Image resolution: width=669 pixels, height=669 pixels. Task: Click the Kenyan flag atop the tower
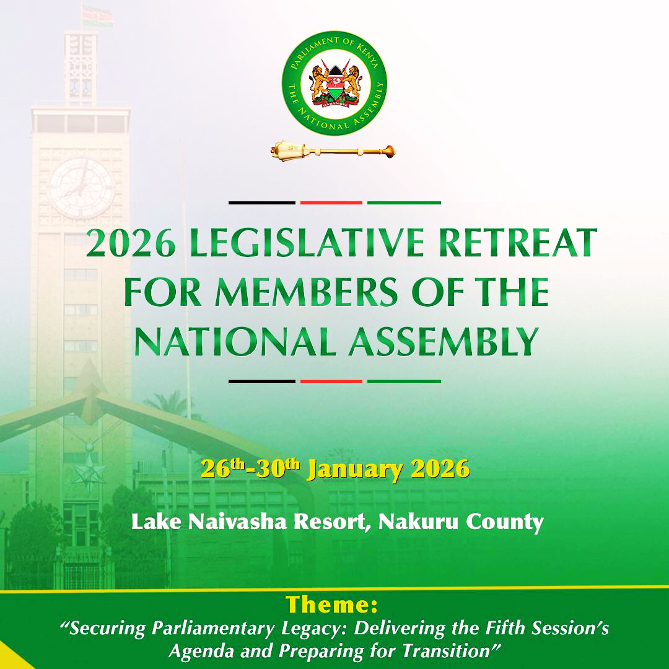pos(98,16)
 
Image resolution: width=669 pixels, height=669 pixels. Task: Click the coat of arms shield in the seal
pos(334,84)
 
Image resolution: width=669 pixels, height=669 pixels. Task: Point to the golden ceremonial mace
pos(333,150)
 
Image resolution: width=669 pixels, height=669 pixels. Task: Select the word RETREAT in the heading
pos(517,243)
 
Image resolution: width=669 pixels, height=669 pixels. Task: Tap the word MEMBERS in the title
pos(306,292)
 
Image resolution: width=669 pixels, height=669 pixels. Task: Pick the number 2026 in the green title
pos(131,243)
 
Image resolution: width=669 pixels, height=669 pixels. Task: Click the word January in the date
pos(354,470)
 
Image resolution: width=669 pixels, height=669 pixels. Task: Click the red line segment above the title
pos(331,203)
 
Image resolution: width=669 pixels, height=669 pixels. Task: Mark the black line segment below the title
pos(262,381)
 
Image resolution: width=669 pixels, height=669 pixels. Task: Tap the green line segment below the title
pos(404,381)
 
